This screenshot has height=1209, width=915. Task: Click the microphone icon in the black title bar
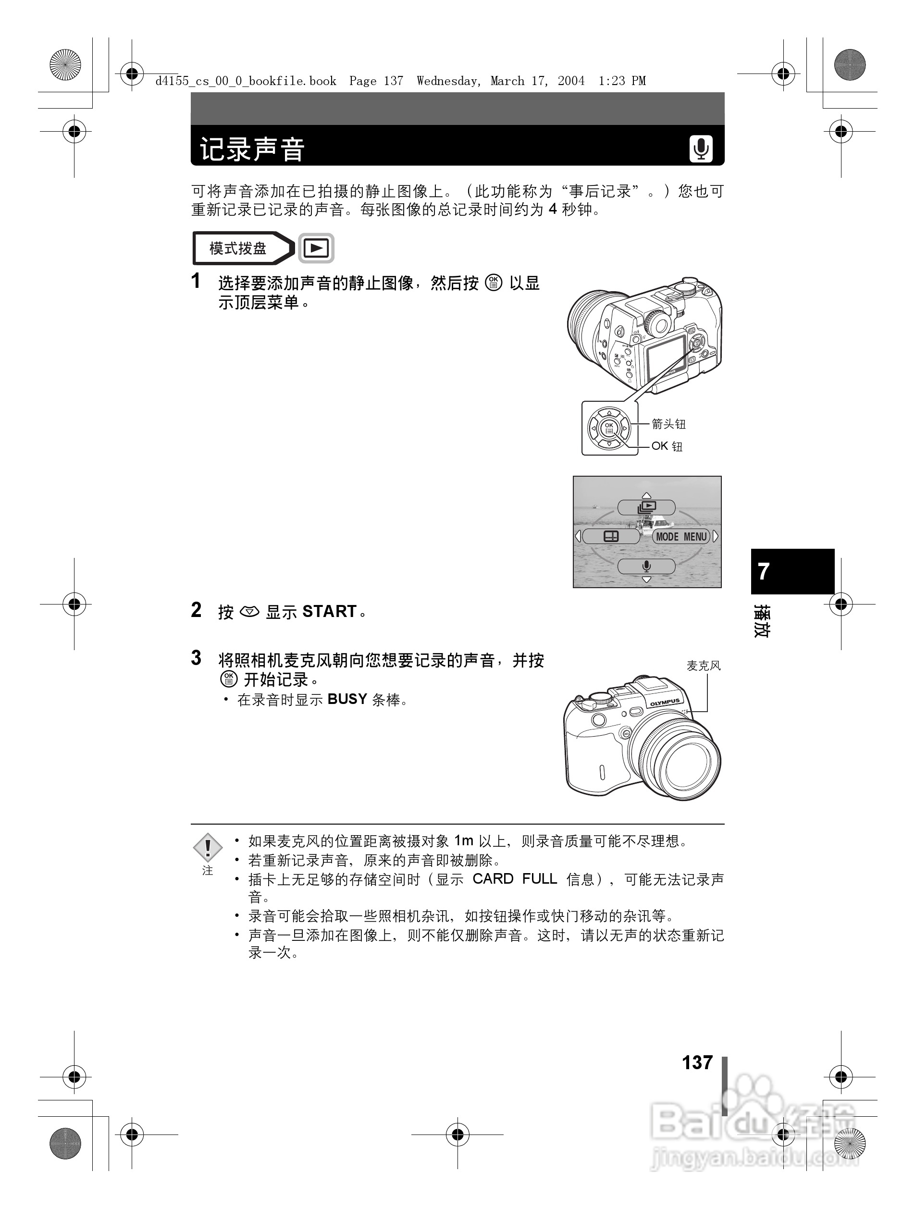pyautogui.click(x=701, y=148)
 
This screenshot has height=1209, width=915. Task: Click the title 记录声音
pyautogui.click(x=252, y=149)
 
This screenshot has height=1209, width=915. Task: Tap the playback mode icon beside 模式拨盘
pyautogui.click(x=316, y=249)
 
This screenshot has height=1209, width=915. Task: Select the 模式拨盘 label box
pyautogui.click(x=238, y=249)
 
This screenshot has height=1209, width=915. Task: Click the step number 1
pyautogui.click(x=196, y=282)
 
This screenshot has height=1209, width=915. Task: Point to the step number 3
pyautogui.click(x=196, y=658)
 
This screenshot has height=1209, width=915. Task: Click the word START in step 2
pyautogui.click(x=330, y=611)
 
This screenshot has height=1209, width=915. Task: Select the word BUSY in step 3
pyautogui.click(x=347, y=699)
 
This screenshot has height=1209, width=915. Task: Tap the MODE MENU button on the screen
pyautogui.click(x=681, y=537)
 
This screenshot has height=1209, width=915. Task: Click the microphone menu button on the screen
pyautogui.click(x=646, y=566)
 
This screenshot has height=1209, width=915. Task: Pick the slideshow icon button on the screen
pyautogui.click(x=646, y=507)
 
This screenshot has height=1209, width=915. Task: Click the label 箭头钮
pyautogui.click(x=668, y=424)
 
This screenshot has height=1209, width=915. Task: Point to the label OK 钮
pyautogui.click(x=667, y=446)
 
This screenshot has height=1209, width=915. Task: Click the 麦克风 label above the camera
pyautogui.click(x=704, y=665)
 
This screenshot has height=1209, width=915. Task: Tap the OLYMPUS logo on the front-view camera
pyautogui.click(x=665, y=703)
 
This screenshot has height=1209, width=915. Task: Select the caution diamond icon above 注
pyautogui.click(x=208, y=848)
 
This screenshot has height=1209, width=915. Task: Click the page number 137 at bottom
pyautogui.click(x=697, y=1062)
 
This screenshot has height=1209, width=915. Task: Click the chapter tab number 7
pyautogui.click(x=764, y=571)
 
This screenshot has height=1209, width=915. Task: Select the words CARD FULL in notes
pyautogui.click(x=514, y=879)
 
